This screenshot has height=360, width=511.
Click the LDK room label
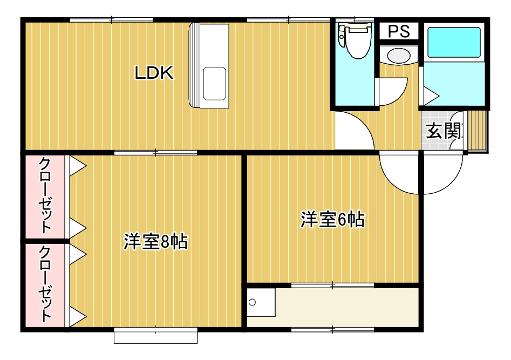click(154, 73)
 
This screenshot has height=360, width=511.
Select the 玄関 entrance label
click(445, 131)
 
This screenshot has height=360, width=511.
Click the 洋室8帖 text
click(155, 242)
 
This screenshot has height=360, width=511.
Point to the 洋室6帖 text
click(332, 220)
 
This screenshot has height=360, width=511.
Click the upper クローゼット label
click(46, 195)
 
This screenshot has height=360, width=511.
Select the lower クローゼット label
click(46, 284)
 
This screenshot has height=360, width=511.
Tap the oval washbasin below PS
click(399, 56)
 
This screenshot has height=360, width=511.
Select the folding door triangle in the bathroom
click(430, 97)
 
